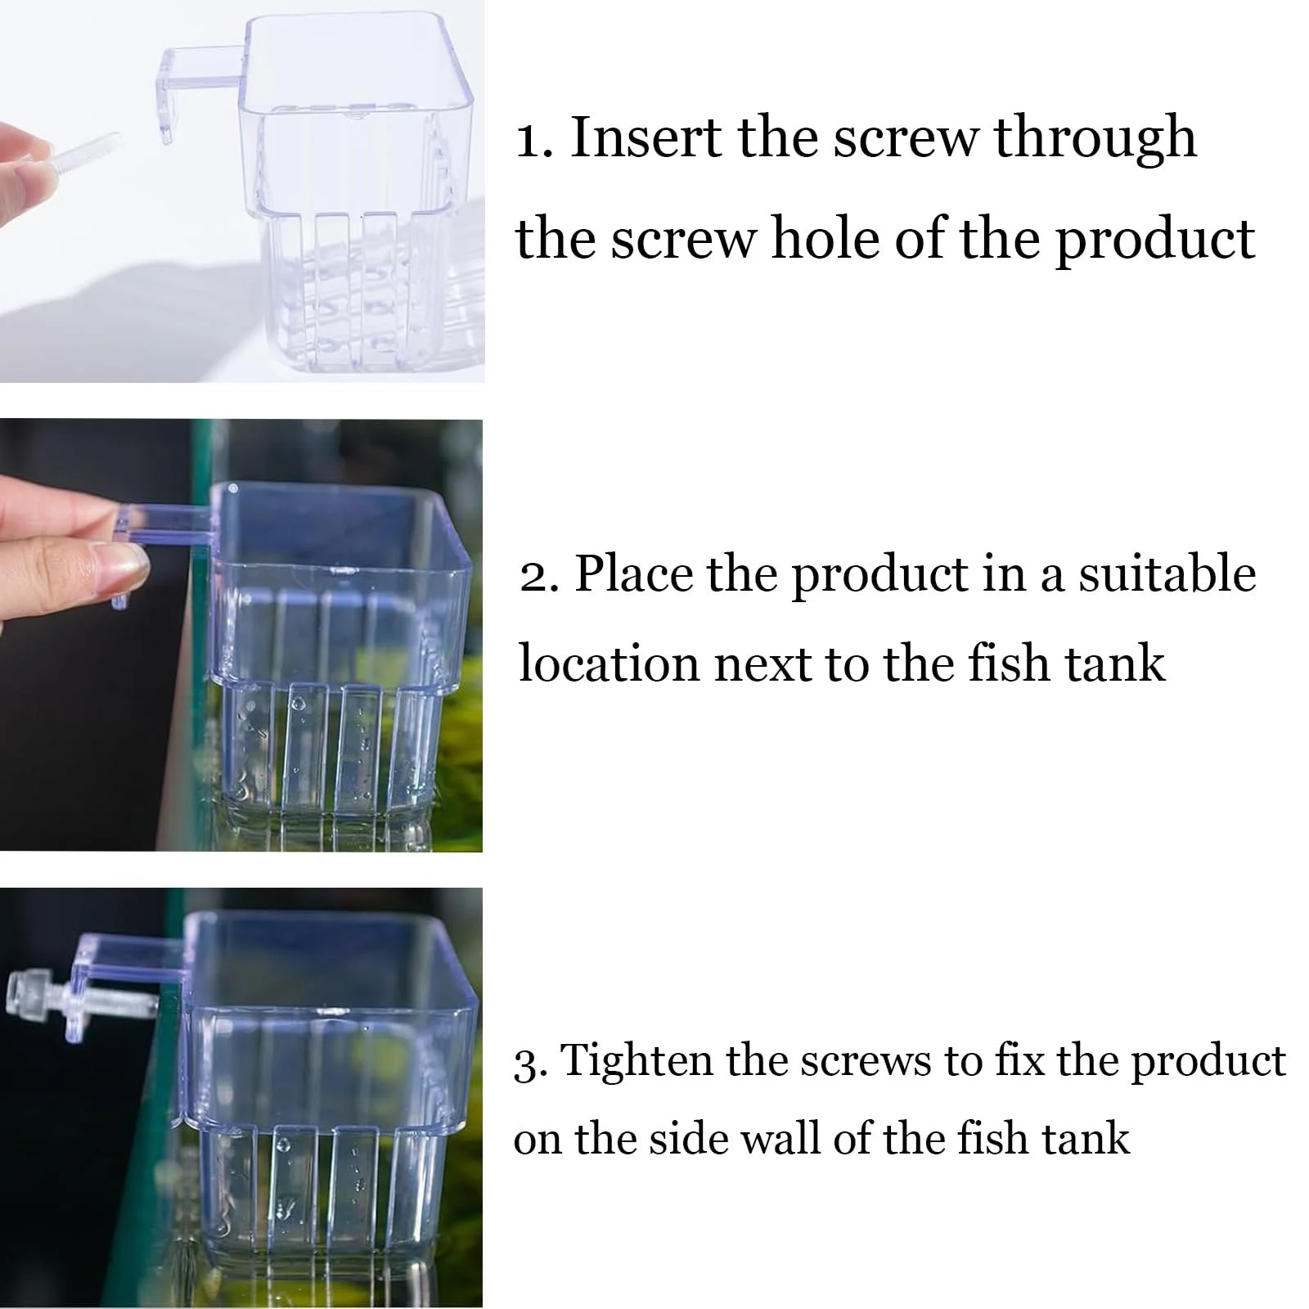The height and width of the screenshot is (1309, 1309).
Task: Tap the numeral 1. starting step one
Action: (x=537, y=138)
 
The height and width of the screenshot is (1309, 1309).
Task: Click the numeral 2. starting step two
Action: (x=539, y=575)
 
